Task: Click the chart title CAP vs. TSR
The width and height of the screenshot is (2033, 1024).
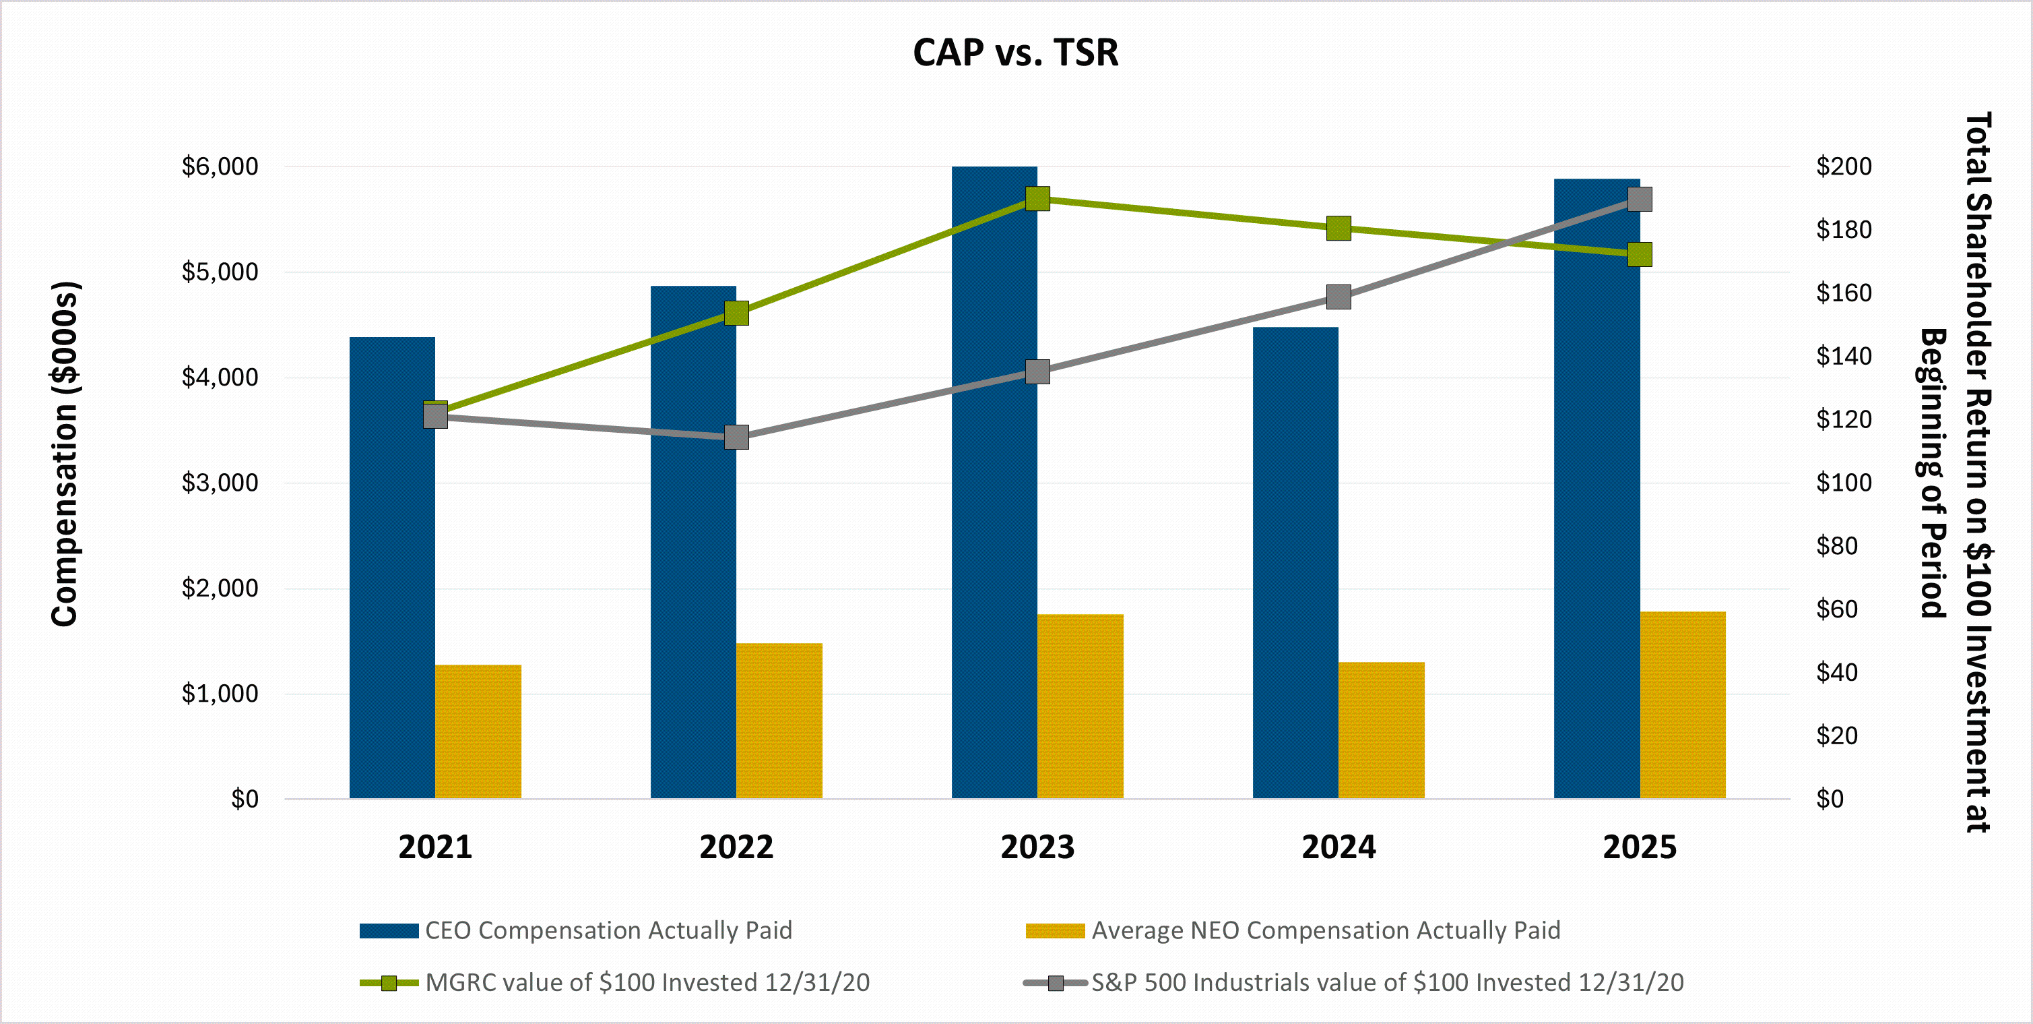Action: click(1016, 53)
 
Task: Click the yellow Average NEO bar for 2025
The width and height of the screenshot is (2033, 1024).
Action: click(1683, 704)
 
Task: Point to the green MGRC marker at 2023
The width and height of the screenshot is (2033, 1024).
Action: click(1037, 198)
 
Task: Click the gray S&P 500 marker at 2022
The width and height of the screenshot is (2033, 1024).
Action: click(736, 437)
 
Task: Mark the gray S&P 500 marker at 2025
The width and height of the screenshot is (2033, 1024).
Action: click(1640, 199)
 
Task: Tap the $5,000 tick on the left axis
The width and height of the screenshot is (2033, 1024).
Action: click(220, 272)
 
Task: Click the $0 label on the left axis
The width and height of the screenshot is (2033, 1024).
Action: click(244, 799)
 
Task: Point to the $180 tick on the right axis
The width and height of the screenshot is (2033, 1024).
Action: click(1844, 230)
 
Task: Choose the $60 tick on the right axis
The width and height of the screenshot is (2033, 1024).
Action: click(1836, 609)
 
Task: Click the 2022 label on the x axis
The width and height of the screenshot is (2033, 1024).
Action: click(736, 847)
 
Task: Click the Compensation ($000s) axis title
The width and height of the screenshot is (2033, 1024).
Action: click(65, 454)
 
